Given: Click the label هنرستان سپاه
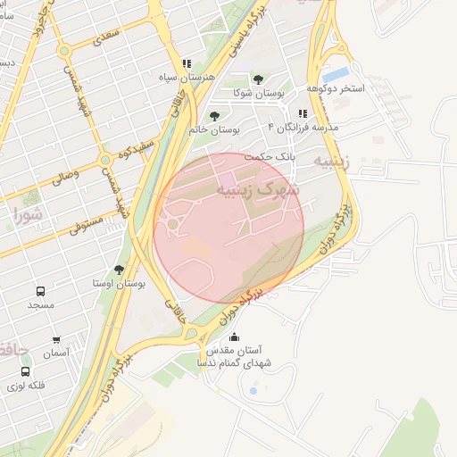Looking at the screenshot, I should point(186,79).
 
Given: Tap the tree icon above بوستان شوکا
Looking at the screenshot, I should point(258,79).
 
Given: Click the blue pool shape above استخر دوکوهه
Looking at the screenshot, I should point(336,74).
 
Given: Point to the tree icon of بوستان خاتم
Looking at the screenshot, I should point(213,115).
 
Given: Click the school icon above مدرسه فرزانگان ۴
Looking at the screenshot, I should point(303,114).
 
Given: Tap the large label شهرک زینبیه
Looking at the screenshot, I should point(260,189).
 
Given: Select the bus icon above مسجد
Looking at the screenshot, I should point(40,291).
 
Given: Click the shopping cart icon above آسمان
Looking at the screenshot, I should point(56,341).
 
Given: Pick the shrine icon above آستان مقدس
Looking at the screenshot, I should point(234,337).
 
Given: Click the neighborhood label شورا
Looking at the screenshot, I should point(29,214).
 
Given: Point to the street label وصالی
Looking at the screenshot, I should point(63,176).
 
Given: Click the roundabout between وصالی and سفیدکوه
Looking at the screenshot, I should point(105,161).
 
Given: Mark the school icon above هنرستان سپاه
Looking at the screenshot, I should point(187,64).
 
